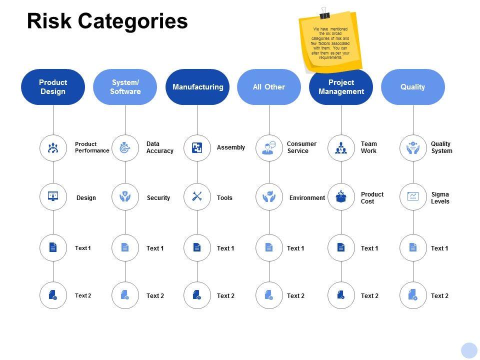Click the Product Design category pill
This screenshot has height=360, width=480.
tap(53, 87)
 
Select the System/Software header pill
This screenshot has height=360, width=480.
tap(125, 87)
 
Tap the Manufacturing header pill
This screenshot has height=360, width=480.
tap(197, 87)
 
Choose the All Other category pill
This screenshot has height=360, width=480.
tap(269, 87)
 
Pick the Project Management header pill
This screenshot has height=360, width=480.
tap(341, 87)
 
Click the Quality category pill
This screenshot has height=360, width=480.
tap(413, 87)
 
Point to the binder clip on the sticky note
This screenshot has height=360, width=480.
tap(324, 13)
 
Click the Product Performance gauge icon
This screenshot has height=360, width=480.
tap(53, 148)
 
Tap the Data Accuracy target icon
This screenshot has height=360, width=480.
tap(125, 148)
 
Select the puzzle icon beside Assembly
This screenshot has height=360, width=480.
tap(197, 148)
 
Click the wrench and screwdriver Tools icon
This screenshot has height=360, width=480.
tap(197, 197)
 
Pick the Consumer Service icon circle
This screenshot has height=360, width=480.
tap(269, 148)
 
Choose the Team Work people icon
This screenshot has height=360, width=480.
tap(341, 148)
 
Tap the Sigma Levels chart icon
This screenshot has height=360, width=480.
tap(413, 197)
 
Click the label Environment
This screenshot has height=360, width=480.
tap(307, 198)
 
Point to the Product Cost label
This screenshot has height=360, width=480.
tap(372, 198)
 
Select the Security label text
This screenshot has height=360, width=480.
tap(158, 198)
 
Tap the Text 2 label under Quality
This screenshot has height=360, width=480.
tap(439, 296)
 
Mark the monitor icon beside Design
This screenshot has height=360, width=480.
tap(53, 197)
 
